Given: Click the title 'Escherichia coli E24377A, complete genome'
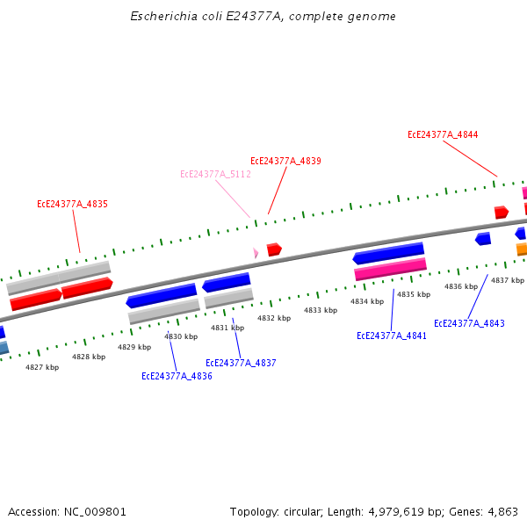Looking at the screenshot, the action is tap(263, 16).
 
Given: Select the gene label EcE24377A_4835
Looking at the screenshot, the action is tap(72, 204).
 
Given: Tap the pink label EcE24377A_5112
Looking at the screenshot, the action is tap(215, 174).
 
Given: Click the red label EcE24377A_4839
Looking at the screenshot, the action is tap(285, 161).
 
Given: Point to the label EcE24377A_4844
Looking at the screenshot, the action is tap(443, 134).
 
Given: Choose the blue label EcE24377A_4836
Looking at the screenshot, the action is tap(177, 376).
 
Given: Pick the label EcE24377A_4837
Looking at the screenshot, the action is tap(241, 363).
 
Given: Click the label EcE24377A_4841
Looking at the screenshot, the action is tap(391, 336).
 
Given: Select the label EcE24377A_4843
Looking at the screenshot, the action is tap(469, 323).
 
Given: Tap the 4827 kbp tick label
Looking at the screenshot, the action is tap(42, 366).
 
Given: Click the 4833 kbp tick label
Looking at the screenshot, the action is tap(321, 310).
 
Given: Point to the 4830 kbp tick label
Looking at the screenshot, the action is tap(181, 336).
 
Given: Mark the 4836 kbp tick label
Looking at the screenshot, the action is tap(460, 286).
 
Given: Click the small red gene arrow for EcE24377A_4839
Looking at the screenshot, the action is tap(274, 249).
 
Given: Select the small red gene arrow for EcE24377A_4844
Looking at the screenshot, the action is tap(502, 212).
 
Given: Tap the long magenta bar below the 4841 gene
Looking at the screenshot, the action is tap(390, 270).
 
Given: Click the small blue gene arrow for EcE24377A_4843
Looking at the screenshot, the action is tap(483, 239).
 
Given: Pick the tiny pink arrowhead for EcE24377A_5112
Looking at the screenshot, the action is tap(256, 253).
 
